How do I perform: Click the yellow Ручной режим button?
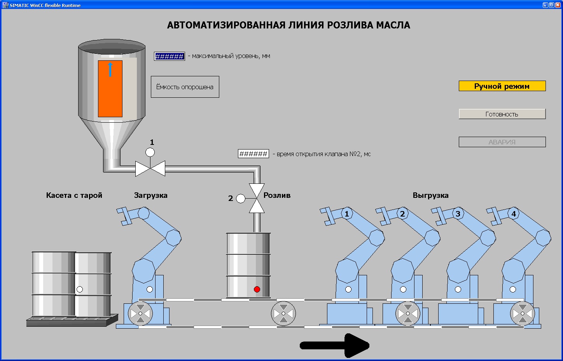coord(502,86)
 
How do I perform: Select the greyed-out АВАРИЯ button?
coord(502,142)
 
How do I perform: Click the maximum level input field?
coord(170,56)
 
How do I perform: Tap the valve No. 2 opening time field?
coord(253,154)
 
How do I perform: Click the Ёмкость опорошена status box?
coord(185,87)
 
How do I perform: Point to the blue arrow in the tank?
coord(110,69)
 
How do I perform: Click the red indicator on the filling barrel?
coord(257,289)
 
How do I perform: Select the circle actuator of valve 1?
coord(150,152)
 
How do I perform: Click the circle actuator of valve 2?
coord(241,199)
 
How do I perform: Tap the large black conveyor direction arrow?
coord(334,345)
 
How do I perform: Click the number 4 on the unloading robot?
coord(514,214)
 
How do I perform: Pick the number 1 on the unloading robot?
coord(347,214)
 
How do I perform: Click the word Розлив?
coord(277,195)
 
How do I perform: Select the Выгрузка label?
coord(430,195)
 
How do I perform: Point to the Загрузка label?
coord(150,195)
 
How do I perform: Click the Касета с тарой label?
coord(74,195)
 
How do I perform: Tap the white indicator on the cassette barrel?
coord(80,289)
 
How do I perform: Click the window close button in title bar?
coord(558,5)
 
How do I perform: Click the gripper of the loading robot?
coord(125,216)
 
